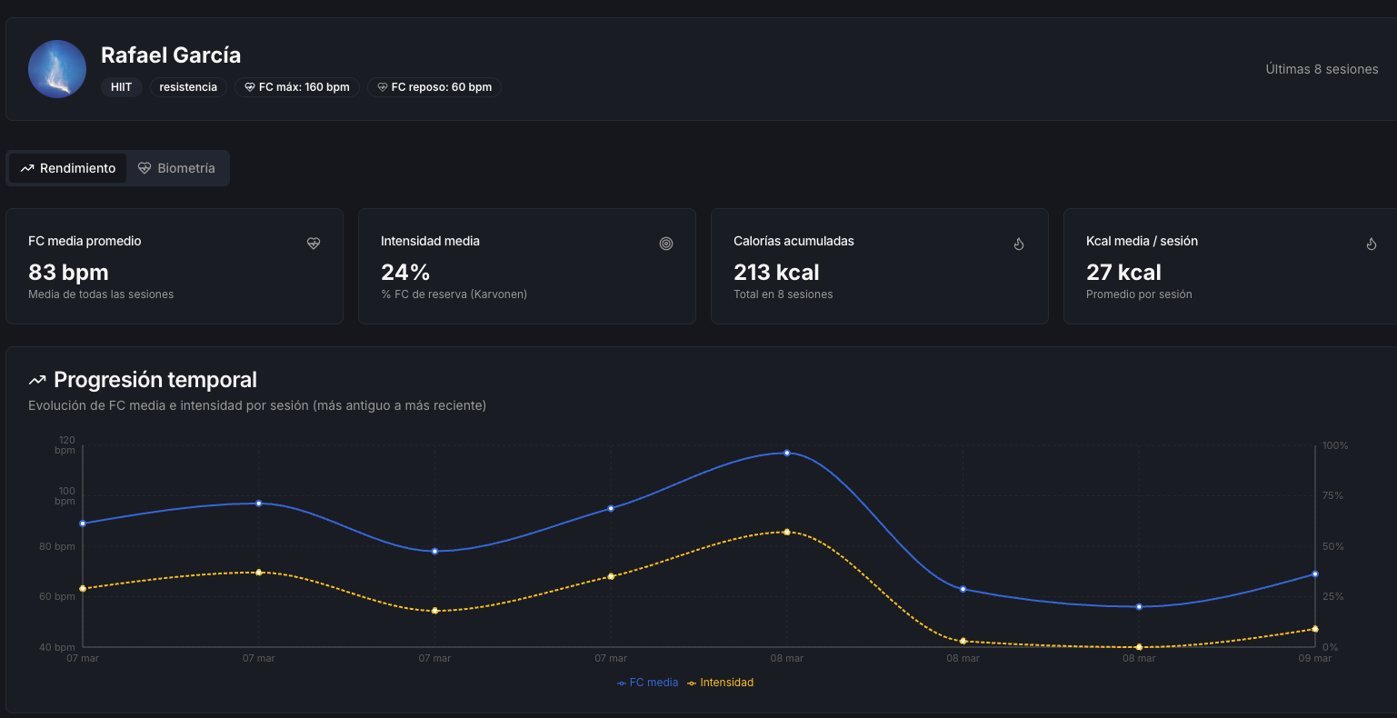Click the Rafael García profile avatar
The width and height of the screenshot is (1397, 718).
(57, 69)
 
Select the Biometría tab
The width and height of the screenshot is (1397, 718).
(177, 168)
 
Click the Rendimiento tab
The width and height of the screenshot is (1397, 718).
(68, 168)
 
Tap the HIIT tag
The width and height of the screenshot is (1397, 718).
(122, 87)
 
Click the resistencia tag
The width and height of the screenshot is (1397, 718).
(188, 87)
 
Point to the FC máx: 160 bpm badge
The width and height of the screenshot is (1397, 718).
(297, 87)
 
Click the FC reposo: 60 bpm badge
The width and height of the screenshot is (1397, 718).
(434, 87)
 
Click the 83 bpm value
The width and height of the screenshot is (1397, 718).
(68, 272)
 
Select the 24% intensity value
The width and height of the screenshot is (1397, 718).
(405, 272)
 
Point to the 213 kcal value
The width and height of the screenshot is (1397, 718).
(776, 272)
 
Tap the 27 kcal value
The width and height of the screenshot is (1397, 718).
(1123, 272)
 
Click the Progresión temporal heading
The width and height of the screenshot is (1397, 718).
(155, 380)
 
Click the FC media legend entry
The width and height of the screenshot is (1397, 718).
(648, 683)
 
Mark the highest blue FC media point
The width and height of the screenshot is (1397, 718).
(787, 453)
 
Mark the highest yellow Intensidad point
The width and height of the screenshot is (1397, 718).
(787, 532)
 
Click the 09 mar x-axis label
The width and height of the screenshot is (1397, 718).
(1315, 658)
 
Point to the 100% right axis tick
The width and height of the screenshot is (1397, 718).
(1334, 445)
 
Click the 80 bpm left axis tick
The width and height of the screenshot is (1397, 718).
(58, 546)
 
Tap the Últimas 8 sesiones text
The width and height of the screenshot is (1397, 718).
(1322, 69)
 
